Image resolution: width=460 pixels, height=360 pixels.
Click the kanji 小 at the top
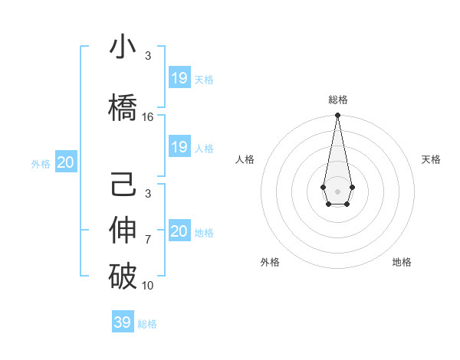coord(123,47)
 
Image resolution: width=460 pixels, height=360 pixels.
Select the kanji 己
coord(123,187)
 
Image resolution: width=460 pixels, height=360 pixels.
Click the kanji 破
coord(123,277)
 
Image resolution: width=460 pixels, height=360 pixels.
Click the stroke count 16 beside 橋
coord(148,117)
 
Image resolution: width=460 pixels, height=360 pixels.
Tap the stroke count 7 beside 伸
coord(148,240)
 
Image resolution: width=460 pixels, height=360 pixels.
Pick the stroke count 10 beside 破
coord(148,285)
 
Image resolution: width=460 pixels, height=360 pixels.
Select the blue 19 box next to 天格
coord(179,78)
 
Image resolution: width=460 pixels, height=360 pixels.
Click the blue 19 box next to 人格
coord(179,147)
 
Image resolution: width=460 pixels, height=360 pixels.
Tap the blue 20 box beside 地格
coord(179,231)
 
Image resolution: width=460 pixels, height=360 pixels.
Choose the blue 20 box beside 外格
coord(66,162)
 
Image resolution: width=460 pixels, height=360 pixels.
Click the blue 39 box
coord(123,322)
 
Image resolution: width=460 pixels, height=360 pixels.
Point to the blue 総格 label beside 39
coord(147,324)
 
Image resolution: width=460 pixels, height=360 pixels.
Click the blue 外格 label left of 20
coord(41,163)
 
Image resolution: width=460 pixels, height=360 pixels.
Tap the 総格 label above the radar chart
coord(337,100)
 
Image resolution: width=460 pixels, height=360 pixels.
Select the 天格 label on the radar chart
coord(431,159)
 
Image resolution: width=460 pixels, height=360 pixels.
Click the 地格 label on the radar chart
coord(402,262)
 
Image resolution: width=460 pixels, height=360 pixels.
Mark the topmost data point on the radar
coord(337,116)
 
